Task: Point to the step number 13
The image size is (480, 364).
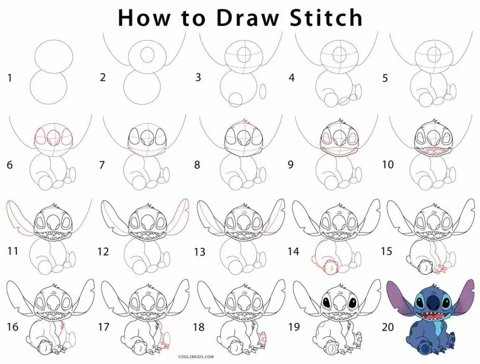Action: (200, 252)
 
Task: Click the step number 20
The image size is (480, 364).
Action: (388, 327)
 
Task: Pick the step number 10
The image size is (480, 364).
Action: (388, 165)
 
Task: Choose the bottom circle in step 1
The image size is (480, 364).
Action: (49, 88)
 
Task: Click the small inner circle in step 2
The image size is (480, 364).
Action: (148, 53)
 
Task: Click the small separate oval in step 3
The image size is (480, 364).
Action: (263, 91)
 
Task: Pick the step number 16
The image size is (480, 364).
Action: (12, 327)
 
